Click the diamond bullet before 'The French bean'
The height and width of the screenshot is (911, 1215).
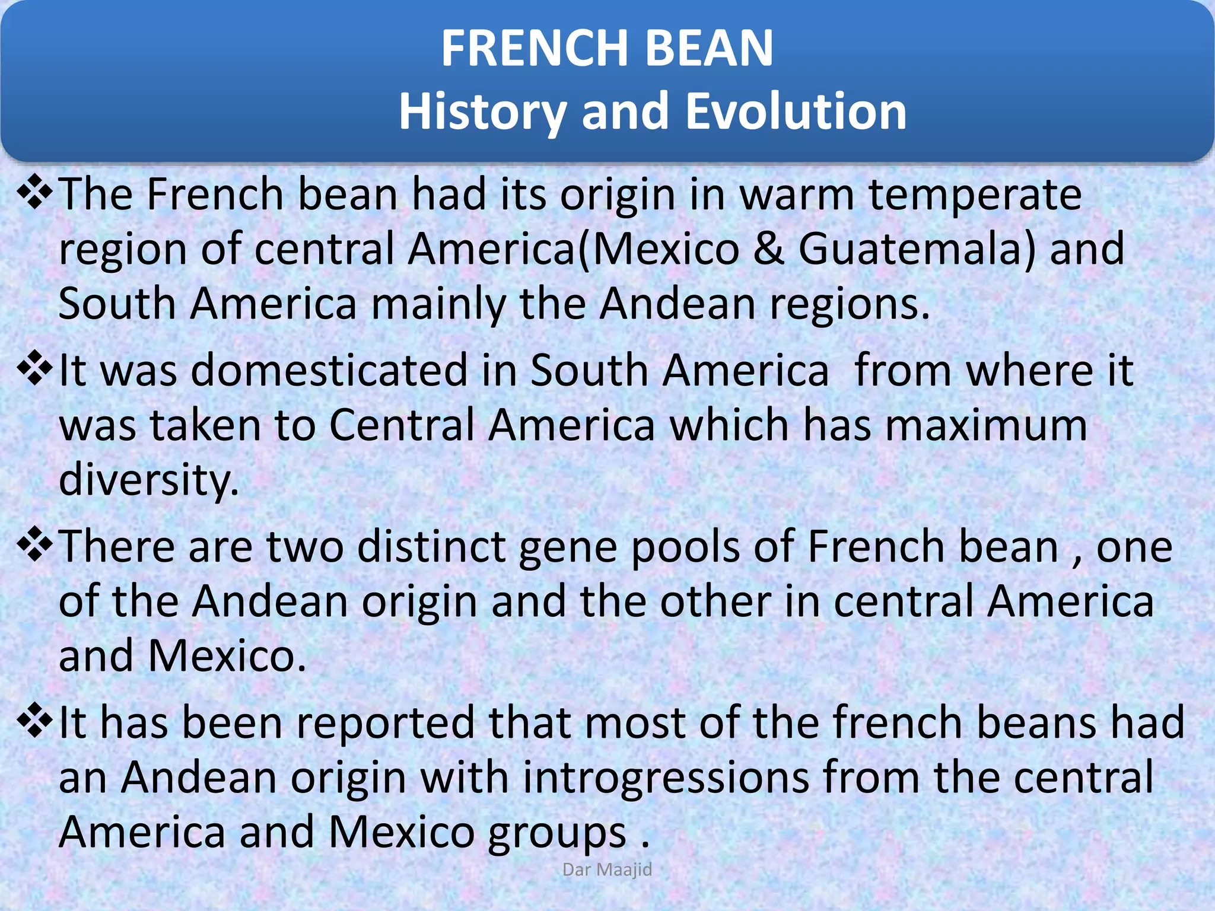35,192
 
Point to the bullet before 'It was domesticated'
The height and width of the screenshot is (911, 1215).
35,368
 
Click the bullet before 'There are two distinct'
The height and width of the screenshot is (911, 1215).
35,544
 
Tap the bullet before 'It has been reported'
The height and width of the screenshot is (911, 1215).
35,720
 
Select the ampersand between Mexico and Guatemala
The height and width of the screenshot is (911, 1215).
769,249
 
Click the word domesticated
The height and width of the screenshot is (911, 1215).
329,371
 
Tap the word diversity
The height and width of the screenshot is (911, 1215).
148,480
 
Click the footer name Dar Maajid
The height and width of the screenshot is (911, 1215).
607,869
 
